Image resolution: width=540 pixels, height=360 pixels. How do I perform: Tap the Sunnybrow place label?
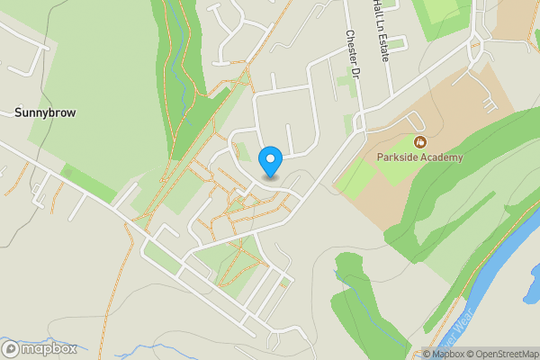(45, 113)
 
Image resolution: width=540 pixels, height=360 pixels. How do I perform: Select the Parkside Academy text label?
(419, 157)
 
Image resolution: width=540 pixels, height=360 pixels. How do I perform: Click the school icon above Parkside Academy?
(419, 142)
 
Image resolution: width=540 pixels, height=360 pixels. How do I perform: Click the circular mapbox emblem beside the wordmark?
(11, 348)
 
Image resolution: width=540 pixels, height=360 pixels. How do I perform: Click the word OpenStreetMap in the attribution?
(506, 354)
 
